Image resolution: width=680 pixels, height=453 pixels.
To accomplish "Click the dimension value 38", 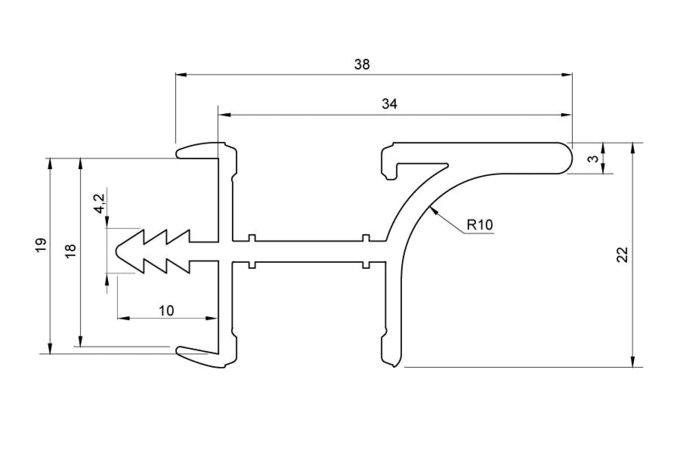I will pyautogui.click(x=362, y=64).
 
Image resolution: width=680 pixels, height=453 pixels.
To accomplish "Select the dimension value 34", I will pyautogui.click(x=389, y=104).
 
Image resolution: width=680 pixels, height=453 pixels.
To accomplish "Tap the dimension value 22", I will pyautogui.click(x=622, y=254).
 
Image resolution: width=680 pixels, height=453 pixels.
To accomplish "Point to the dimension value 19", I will pyautogui.click(x=41, y=245).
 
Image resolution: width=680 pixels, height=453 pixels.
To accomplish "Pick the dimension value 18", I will pyautogui.click(x=71, y=251).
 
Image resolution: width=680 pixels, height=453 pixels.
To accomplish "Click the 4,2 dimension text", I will pyautogui.click(x=100, y=203).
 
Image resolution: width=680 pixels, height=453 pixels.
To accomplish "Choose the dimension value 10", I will pyautogui.click(x=166, y=311).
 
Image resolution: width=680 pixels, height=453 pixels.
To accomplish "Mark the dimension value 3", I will pyautogui.click(x=593, y=158).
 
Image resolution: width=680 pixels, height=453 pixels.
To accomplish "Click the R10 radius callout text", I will pyautogui.click(x=480, y=225).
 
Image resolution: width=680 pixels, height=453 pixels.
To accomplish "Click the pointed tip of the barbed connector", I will pyautogui.click(x=117, y=251).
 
